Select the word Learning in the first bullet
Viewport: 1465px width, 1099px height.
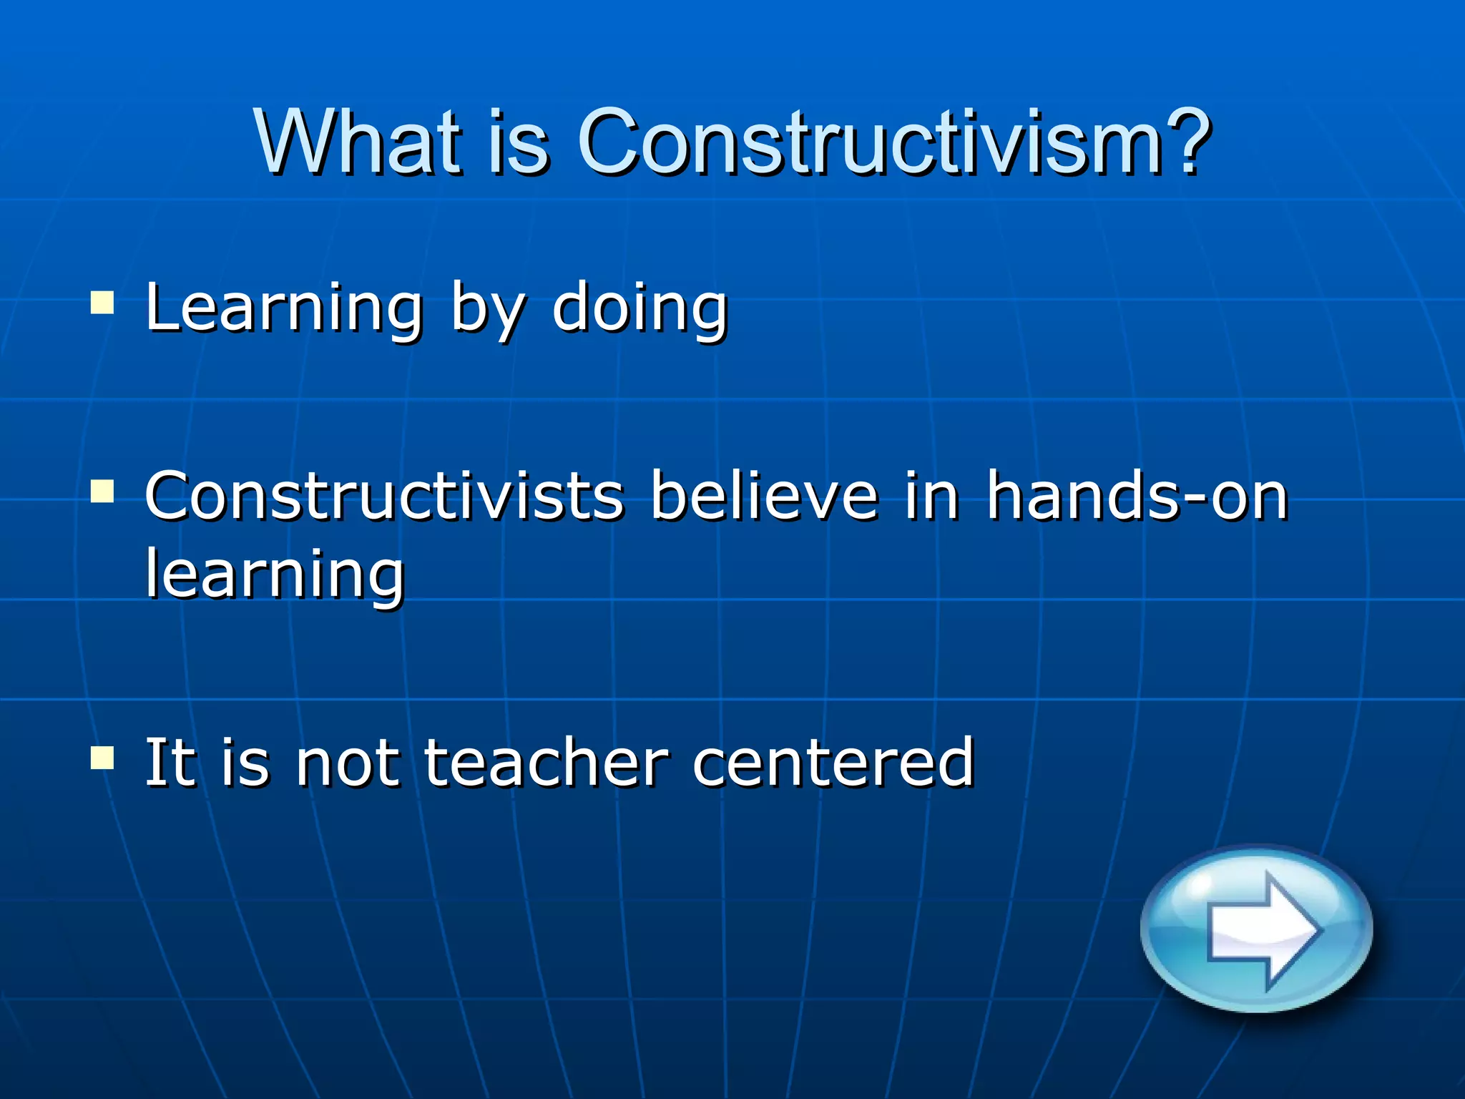pyautogui.click(x=285, y=309)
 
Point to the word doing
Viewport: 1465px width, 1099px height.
pyautogui.click(x=640, y=309)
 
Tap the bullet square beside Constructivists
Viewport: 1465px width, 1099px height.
pyautogui.click(x=102, y=492)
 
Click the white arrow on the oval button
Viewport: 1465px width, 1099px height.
pyautogui.click(x=1263, y=929)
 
